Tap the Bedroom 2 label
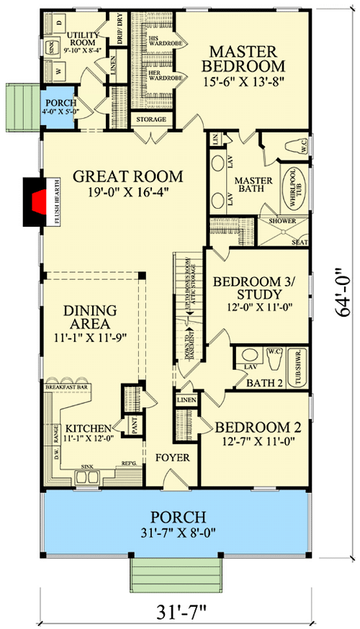tap(258, 427)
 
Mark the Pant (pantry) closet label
tap(134, 425)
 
